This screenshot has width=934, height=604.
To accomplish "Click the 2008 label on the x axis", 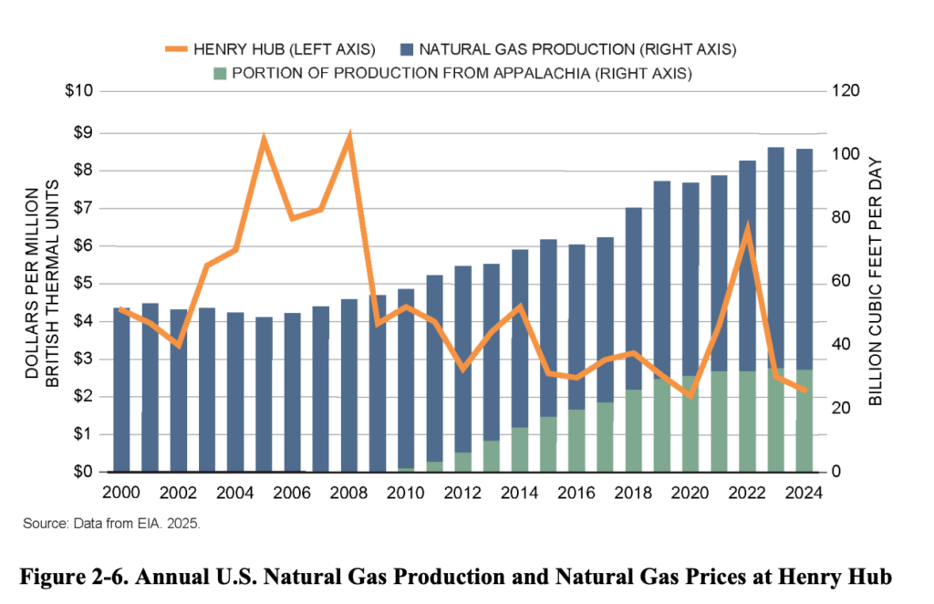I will (348, 493).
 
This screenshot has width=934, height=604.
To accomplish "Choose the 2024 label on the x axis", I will (805, 493).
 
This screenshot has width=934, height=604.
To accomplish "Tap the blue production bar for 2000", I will (121, 392).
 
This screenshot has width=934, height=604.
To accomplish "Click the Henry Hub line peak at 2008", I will (348, 137).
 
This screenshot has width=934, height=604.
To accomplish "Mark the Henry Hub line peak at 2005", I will (264, 141).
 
